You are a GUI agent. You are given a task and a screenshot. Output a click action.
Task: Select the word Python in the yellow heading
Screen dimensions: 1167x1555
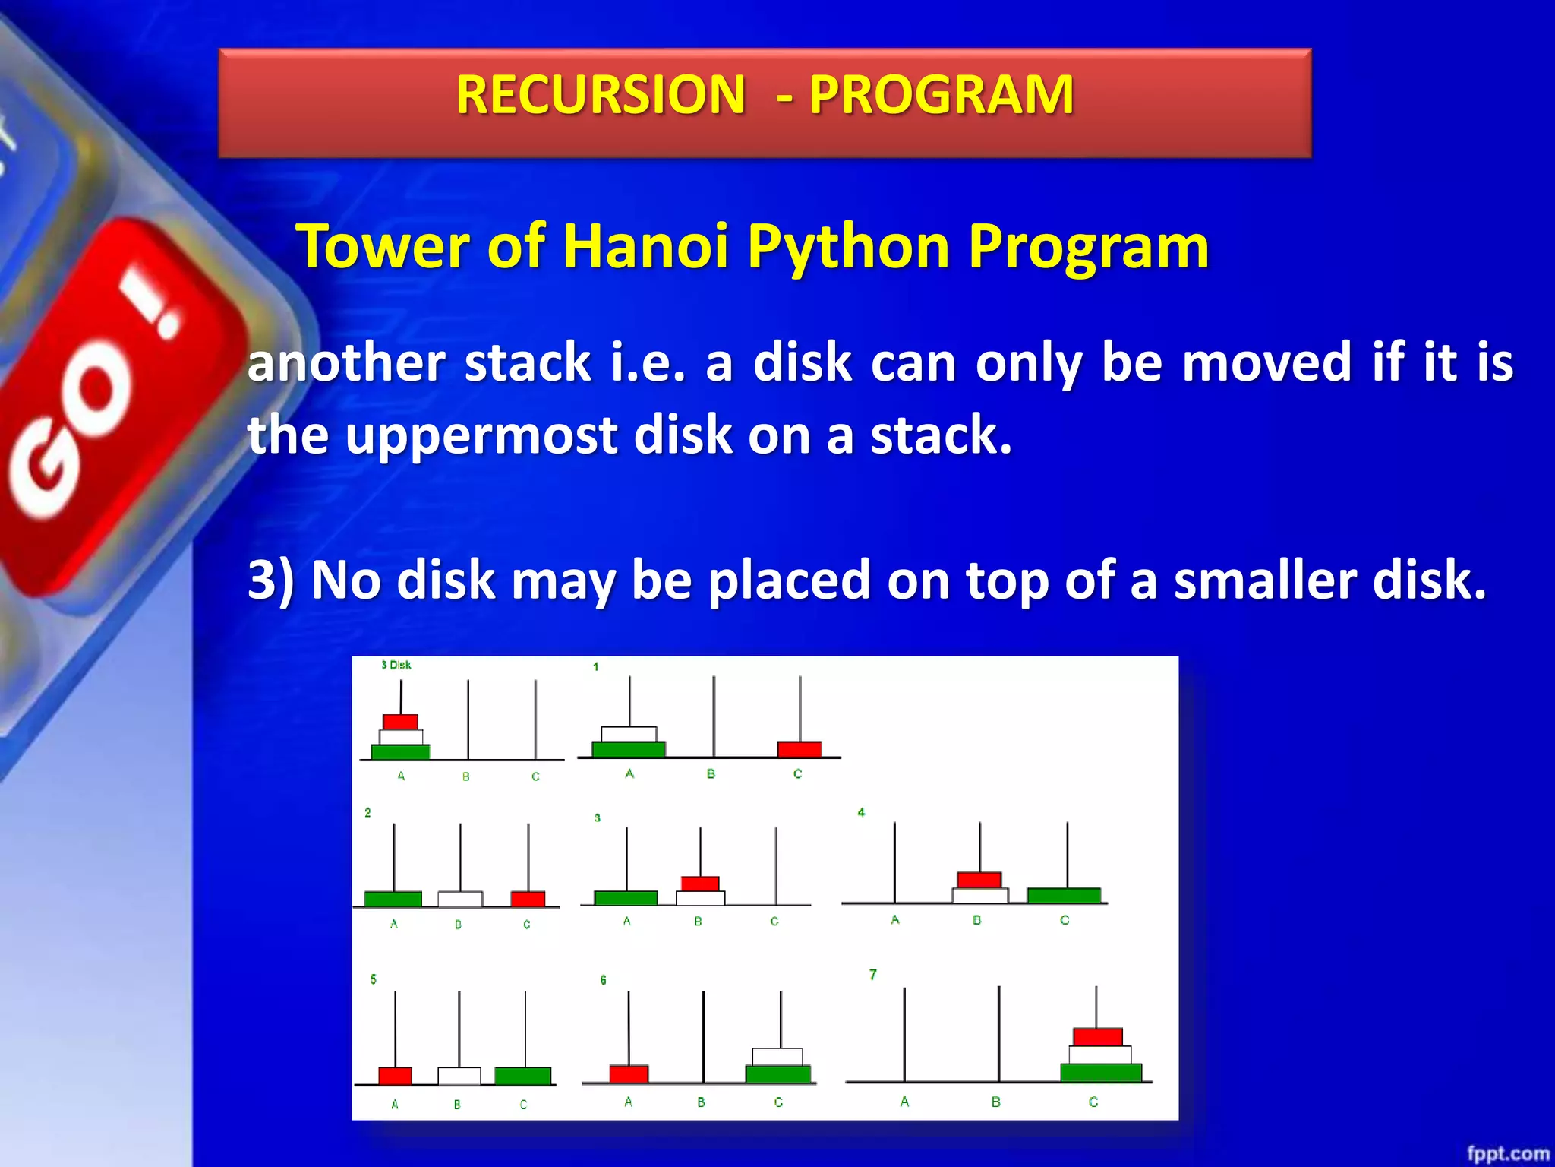(x=848, y=248)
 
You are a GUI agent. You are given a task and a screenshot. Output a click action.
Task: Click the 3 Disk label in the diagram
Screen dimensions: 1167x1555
(x=396, y=665)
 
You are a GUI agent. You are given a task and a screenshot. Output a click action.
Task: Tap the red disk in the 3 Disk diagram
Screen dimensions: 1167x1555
(x=400, y=722)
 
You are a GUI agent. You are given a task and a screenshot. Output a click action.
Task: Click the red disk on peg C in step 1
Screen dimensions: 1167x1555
(x=800, y=749)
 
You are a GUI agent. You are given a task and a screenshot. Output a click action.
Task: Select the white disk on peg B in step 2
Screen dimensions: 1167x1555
(x=460, y=899)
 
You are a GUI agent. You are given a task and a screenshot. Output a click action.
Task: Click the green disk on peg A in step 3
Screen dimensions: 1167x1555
(x=626, y=898)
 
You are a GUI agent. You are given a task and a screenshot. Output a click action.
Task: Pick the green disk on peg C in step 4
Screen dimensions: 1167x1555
(x=1064, y=895)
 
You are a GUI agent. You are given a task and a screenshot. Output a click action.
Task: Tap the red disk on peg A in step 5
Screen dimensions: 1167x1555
(x=395, y=1076)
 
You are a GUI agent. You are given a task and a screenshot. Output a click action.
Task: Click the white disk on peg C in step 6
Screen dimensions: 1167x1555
(x=777, y=1057)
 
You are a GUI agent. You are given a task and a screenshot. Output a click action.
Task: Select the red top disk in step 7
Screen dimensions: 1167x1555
(x=1098, y=1036)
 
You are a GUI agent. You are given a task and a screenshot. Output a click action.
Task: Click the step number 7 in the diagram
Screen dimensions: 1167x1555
(x=873, y=974)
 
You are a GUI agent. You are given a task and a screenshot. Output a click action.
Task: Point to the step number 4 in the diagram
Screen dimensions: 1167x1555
(x=861, y=812)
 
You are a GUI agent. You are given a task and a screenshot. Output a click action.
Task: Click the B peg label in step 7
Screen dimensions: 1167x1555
(x=996, y=1102)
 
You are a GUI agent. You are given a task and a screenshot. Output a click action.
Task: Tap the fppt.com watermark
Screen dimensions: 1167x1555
(x=1507, y=1153)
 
